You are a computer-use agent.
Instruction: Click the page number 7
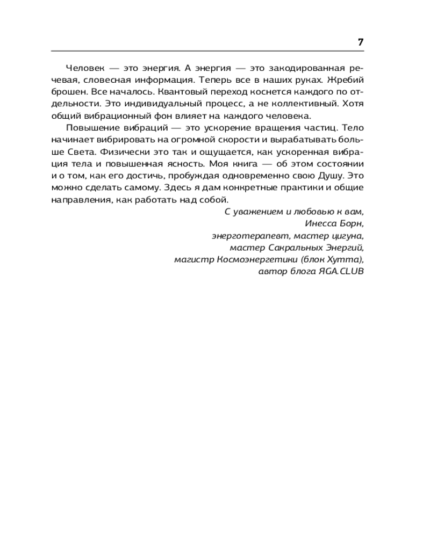[x=361, y=42]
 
